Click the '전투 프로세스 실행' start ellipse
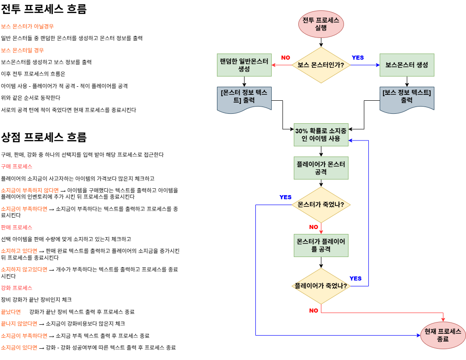click(321, 24)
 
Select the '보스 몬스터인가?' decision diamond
click(321, 65)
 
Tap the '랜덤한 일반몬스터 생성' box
click(244, 65)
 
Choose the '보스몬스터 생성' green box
click(407, 65)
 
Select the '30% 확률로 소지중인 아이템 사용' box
click(321, 135)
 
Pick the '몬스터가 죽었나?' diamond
click(321, 205)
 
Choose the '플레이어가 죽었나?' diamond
click(321, 286)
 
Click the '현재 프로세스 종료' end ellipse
click(443, 335)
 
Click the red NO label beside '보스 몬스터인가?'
click(286, 58)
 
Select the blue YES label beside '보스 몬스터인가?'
click(358, 58)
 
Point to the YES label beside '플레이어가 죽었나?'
click(356, 278)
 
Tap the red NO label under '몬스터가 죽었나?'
click(314, 227)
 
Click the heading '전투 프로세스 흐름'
click(44, 9)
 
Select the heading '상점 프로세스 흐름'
click(44, 137)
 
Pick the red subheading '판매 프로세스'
click(16, 227)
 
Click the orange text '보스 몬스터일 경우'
click(23, 50)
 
